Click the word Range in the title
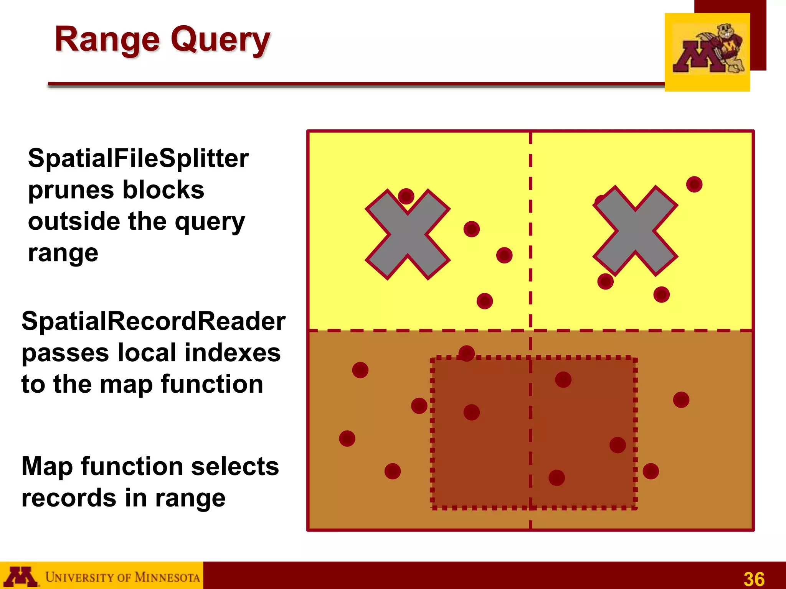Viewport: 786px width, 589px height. (107, 39)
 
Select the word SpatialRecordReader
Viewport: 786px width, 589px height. (153, 321)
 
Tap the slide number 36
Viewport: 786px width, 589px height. (754, 579)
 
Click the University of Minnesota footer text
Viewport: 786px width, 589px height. (122, 577)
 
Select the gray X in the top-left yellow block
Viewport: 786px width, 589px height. (408, 234)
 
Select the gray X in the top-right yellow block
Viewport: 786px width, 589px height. (635, 231)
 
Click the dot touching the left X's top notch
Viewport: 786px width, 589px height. (406, 196)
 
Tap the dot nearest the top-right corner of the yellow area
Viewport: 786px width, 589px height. (694, 184)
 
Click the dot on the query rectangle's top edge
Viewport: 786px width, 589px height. (466, 353)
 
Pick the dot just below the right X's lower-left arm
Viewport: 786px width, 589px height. (605, 281)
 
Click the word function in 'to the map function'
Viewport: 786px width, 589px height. (211, 384)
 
